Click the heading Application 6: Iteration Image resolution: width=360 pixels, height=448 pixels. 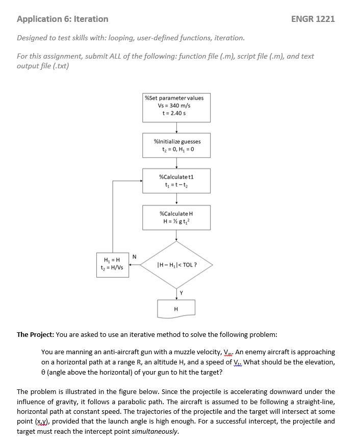[62, 19]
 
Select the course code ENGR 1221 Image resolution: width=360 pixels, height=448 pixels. [313, 19]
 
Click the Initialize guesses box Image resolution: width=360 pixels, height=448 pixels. [176, 145]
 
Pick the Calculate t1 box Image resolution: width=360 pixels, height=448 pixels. [176, 180]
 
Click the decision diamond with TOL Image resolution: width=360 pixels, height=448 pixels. [176, 265]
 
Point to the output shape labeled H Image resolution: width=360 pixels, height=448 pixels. [176, 308]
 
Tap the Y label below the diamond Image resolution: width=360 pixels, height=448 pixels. [181, 292]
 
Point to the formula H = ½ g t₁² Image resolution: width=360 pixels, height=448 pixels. [176, 221]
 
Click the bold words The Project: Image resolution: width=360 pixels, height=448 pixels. [35, 335]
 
